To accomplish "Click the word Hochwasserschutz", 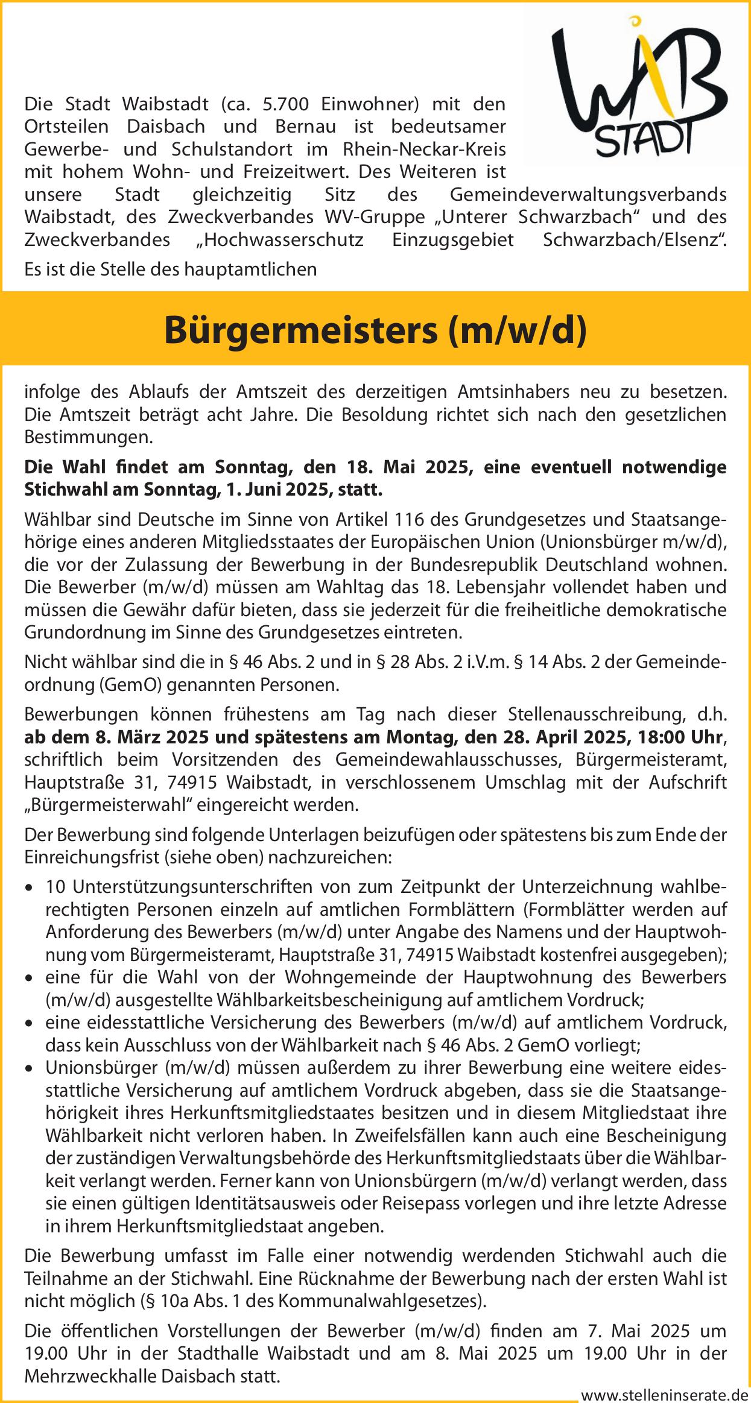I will (280, 239).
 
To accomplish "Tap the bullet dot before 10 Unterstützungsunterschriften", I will (30, 888).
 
